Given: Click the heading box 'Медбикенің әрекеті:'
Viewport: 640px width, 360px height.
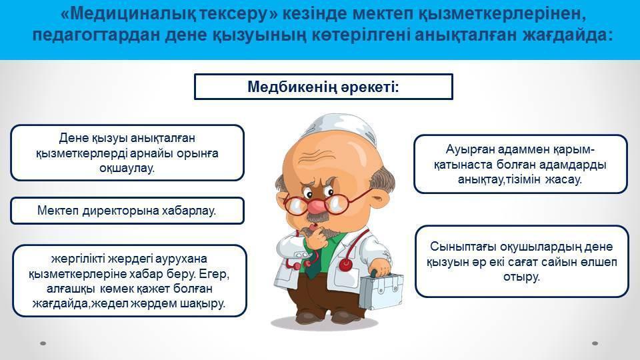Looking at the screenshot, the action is tap(323, 87).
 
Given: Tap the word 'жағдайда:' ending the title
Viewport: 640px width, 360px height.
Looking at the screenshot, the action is tap(568, 35).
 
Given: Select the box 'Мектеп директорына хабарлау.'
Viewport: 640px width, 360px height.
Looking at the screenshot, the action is tap(127, 211).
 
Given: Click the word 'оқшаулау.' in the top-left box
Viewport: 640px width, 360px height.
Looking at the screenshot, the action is tap(127, 168).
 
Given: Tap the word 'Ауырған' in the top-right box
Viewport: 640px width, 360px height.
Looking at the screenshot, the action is tap(469, 149).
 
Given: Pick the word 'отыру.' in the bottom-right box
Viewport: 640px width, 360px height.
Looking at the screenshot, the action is tap(521, 277).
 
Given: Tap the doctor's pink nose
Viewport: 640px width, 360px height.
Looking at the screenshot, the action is tap(315, 205).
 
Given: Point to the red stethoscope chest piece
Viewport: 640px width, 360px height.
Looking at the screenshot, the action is tap(345, 265).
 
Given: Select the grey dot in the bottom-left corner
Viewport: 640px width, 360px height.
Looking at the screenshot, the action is tap(43, 343).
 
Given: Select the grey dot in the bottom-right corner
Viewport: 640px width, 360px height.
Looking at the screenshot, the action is tap(595, 343).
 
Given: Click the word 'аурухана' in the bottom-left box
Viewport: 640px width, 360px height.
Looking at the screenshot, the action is tap(183, 259).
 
